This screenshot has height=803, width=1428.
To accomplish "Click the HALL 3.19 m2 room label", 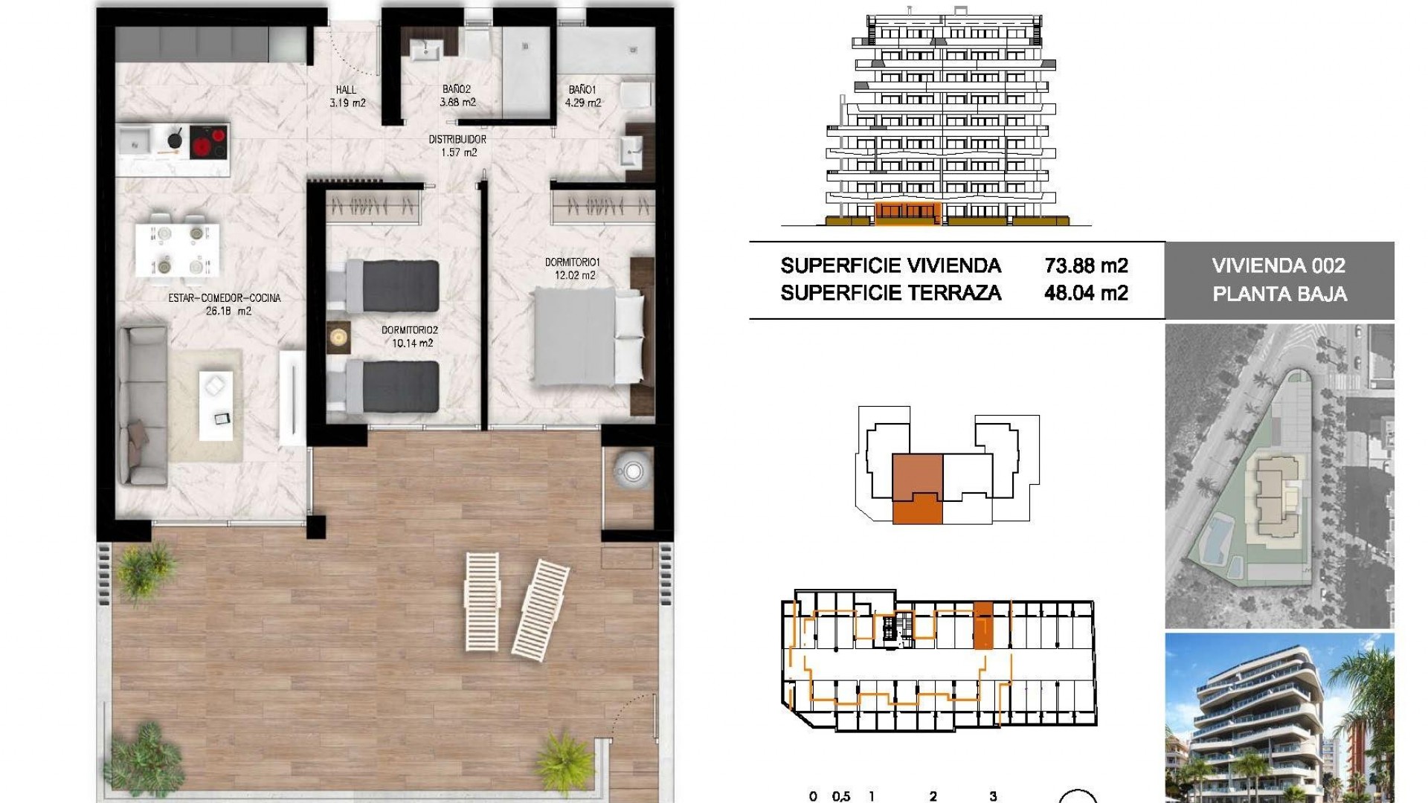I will click(347, 97).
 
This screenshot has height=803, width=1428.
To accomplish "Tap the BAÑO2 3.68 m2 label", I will click(457, 97).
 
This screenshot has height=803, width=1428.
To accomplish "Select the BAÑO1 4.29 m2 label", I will click(582, 97).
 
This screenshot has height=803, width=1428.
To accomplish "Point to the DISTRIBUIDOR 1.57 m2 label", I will click(457, 146).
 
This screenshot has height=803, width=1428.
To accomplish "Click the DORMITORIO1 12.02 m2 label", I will click(572, 268).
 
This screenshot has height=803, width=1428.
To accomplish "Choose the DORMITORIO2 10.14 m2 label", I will click(410, 336).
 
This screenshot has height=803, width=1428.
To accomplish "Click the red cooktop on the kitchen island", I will click(209, 143).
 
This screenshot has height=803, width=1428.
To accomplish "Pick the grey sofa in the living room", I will click(143, 405).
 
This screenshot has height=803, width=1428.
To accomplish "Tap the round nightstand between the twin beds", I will click(338, 337).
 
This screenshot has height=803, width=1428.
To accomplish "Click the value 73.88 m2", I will click(1086, 265).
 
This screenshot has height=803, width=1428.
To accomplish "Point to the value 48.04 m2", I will click(1086, 293).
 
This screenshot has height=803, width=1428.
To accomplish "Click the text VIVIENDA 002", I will click(1279, 265).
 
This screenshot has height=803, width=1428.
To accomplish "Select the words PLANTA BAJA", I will click(1279, 294).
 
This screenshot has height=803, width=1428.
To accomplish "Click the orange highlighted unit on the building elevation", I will click(907, 213).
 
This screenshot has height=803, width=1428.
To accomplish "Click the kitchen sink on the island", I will click(135, 141).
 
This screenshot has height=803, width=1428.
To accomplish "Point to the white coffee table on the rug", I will click(216, 405).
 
